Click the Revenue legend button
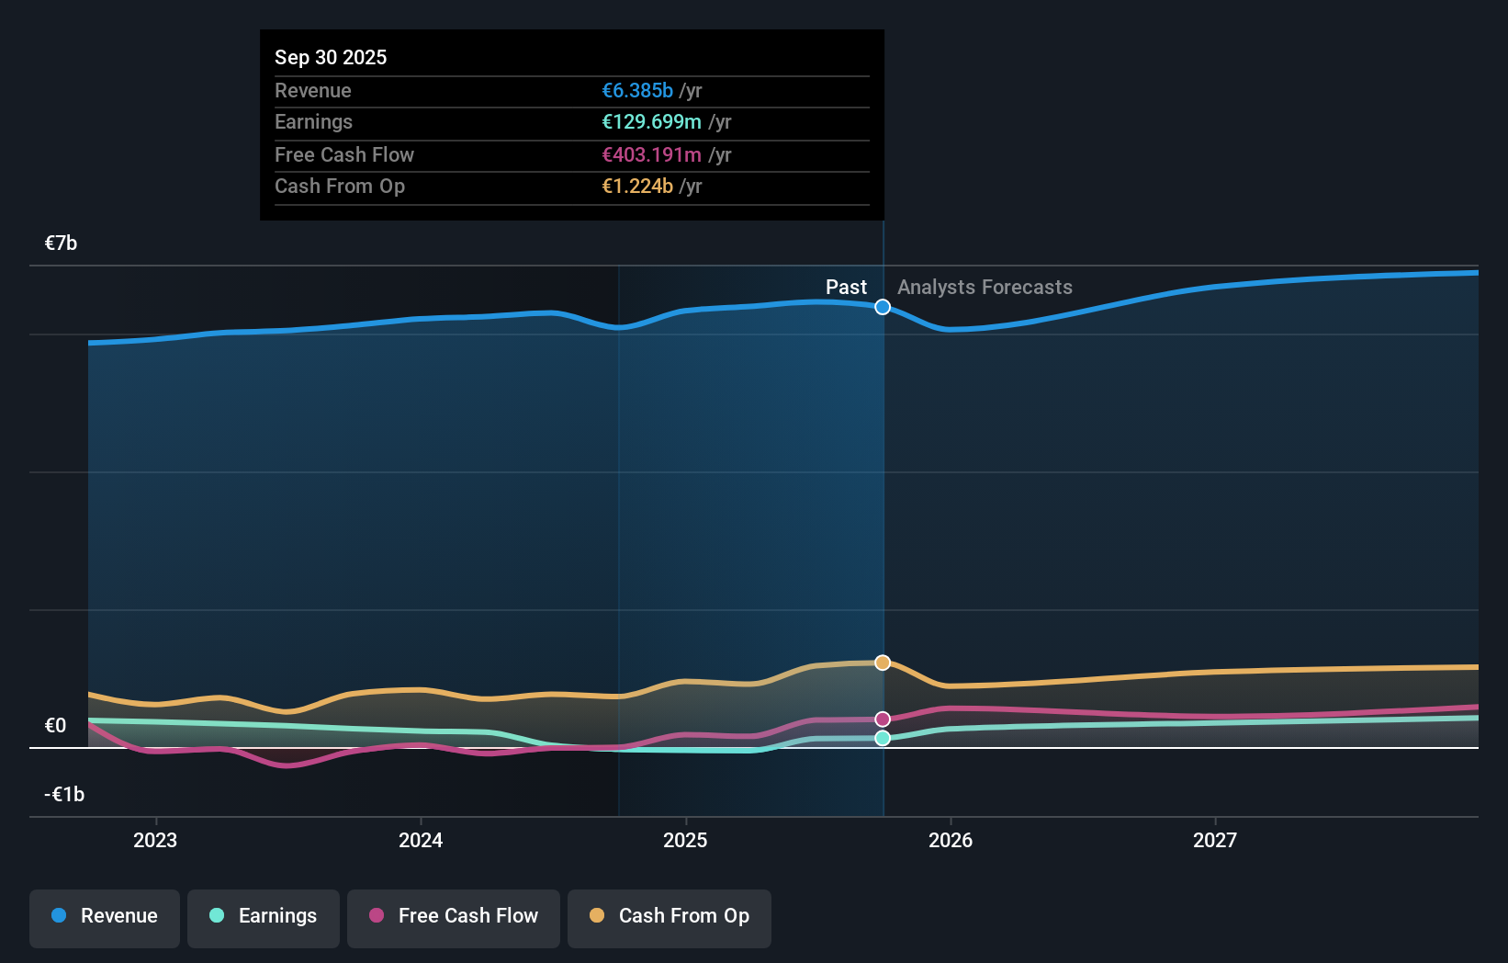click(x=105, y=916)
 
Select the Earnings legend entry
click(x=264, y=916)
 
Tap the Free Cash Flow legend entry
click(x=454, y=916)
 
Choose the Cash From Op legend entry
click(x=670, y=916)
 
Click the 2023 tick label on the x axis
click(x=155, y=840)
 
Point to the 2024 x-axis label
click(x=421, y=840)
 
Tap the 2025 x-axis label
click(x=685, y=840)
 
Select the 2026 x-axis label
click(x=951, y=840)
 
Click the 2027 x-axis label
click(x=1215, y=840)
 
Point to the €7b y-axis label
click(x=62, y=244)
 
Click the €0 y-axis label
click(x=56, y=726)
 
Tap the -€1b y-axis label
click(x=64, y=795)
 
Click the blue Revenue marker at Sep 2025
click(x=883, y=307)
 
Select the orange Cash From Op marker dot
click(x=883, y=663)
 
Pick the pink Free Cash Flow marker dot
click(x=883, y=719)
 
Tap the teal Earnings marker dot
click(x=883, y=738)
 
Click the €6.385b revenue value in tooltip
click(x=637, y=91)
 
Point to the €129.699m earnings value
click(x=651, y=122)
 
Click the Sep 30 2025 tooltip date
click(x=331, y=58)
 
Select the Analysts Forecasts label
click(x=985, y=288)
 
